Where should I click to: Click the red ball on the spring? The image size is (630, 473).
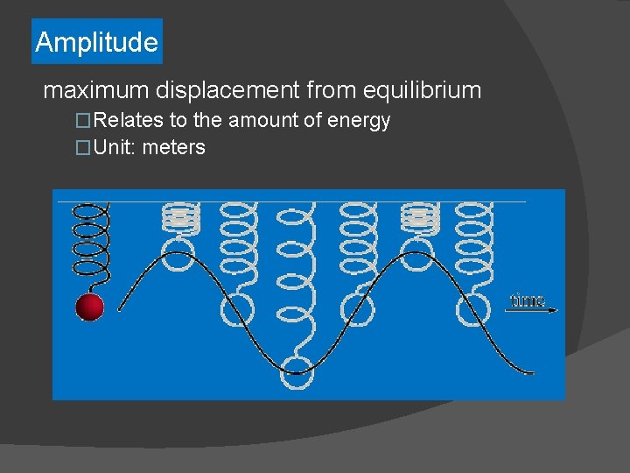89,307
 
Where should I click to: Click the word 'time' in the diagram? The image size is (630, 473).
527,300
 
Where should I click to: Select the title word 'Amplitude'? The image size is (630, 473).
96,42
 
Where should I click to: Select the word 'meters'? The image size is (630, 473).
173,147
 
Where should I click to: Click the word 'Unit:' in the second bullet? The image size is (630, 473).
114,147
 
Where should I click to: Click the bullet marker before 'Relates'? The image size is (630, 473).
83,121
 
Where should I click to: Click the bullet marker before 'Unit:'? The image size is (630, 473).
83,147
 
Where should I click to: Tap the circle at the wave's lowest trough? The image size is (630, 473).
297,372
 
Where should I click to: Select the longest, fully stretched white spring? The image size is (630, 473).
296,280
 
